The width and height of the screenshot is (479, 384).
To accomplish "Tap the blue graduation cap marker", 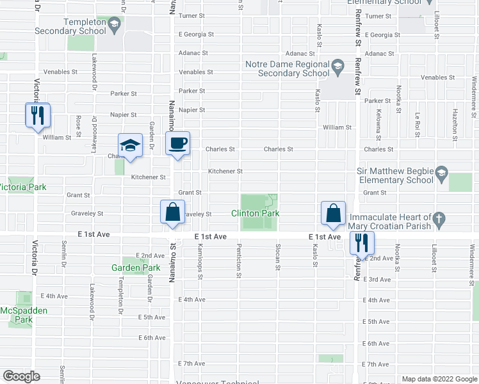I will coord(130,146).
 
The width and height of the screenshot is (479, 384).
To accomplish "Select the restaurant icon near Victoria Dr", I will coord(37,115).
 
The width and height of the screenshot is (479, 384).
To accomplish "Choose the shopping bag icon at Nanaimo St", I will coord(173,212).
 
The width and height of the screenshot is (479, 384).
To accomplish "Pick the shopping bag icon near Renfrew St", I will coord(334,213).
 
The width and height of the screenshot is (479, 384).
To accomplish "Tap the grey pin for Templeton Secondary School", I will coord(115,25).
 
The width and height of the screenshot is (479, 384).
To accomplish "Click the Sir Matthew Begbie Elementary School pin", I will coord(441,172).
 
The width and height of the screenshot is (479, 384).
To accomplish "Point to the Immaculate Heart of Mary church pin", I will coord(439,219).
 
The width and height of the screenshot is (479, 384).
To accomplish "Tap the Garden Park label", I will coord(136,268).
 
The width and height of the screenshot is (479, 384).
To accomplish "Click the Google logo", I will coord(21,376).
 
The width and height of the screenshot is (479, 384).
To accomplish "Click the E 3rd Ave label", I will coord(377,280).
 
